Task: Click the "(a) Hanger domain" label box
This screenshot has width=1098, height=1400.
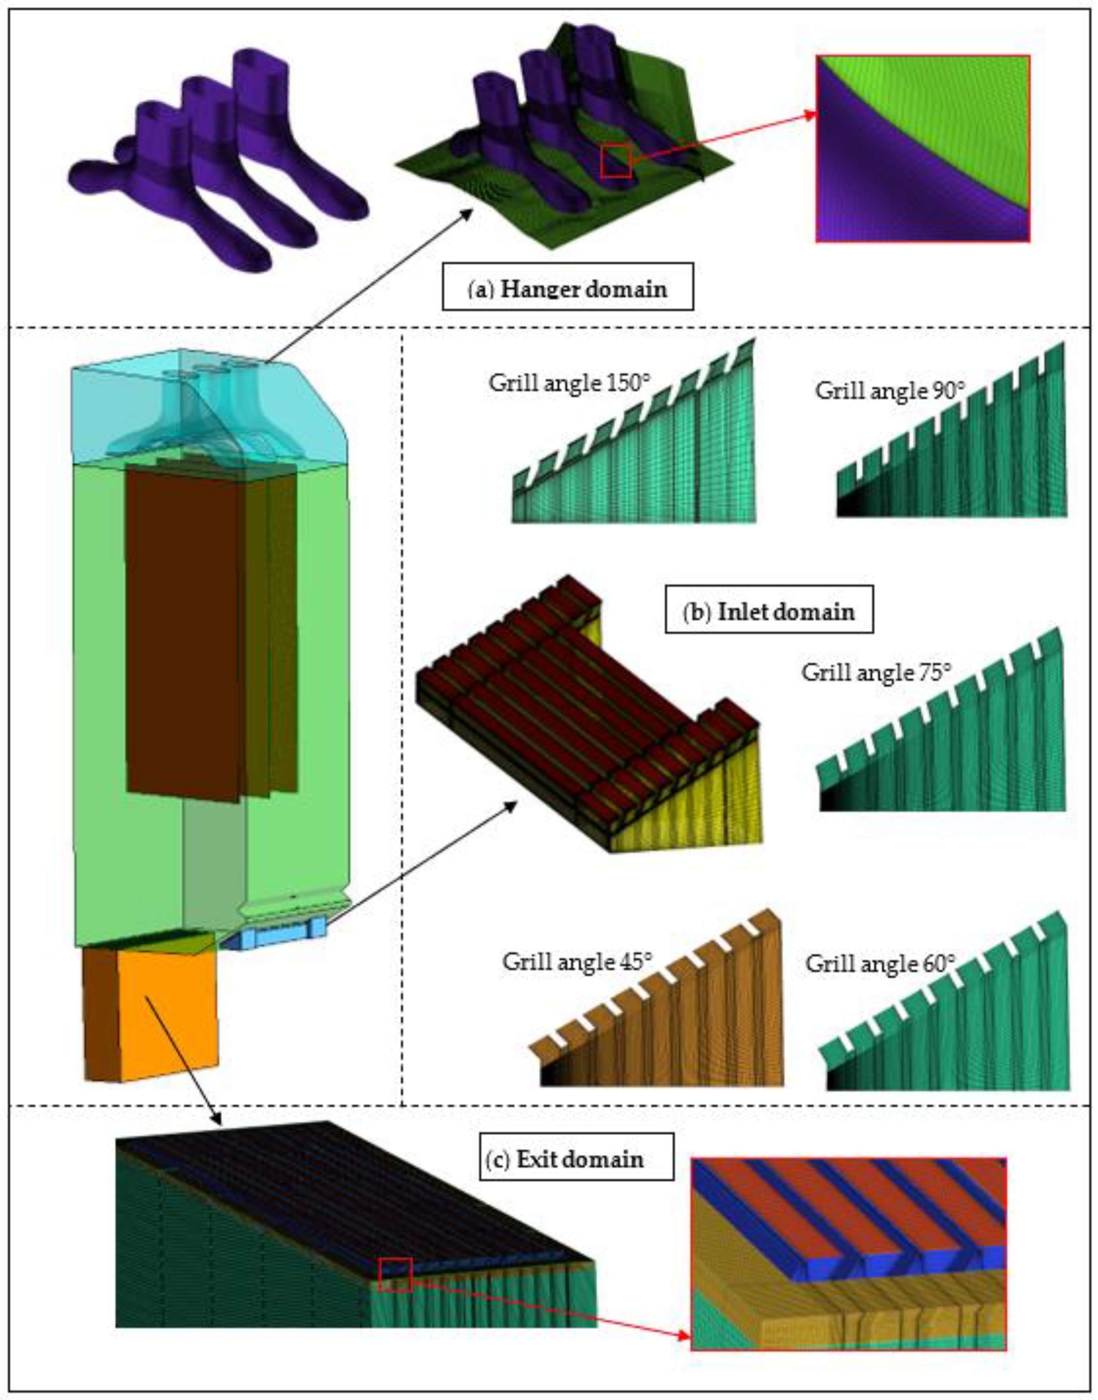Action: point(568,287)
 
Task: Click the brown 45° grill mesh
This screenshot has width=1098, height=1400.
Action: point(662,1009)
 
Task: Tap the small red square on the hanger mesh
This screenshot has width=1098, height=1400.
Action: point(616,161)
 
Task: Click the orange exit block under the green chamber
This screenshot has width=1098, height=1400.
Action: point(151,1013)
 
